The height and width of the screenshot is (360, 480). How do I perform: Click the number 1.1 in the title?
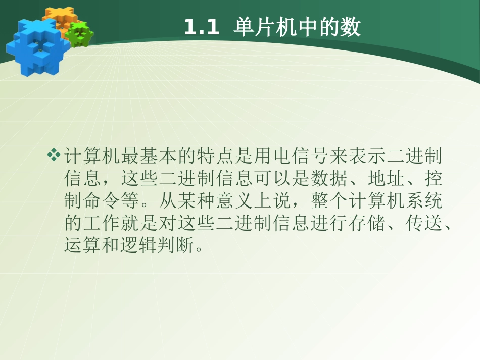click(x=201, y=28)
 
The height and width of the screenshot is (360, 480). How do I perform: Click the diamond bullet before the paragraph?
click(x=54, y=156)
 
